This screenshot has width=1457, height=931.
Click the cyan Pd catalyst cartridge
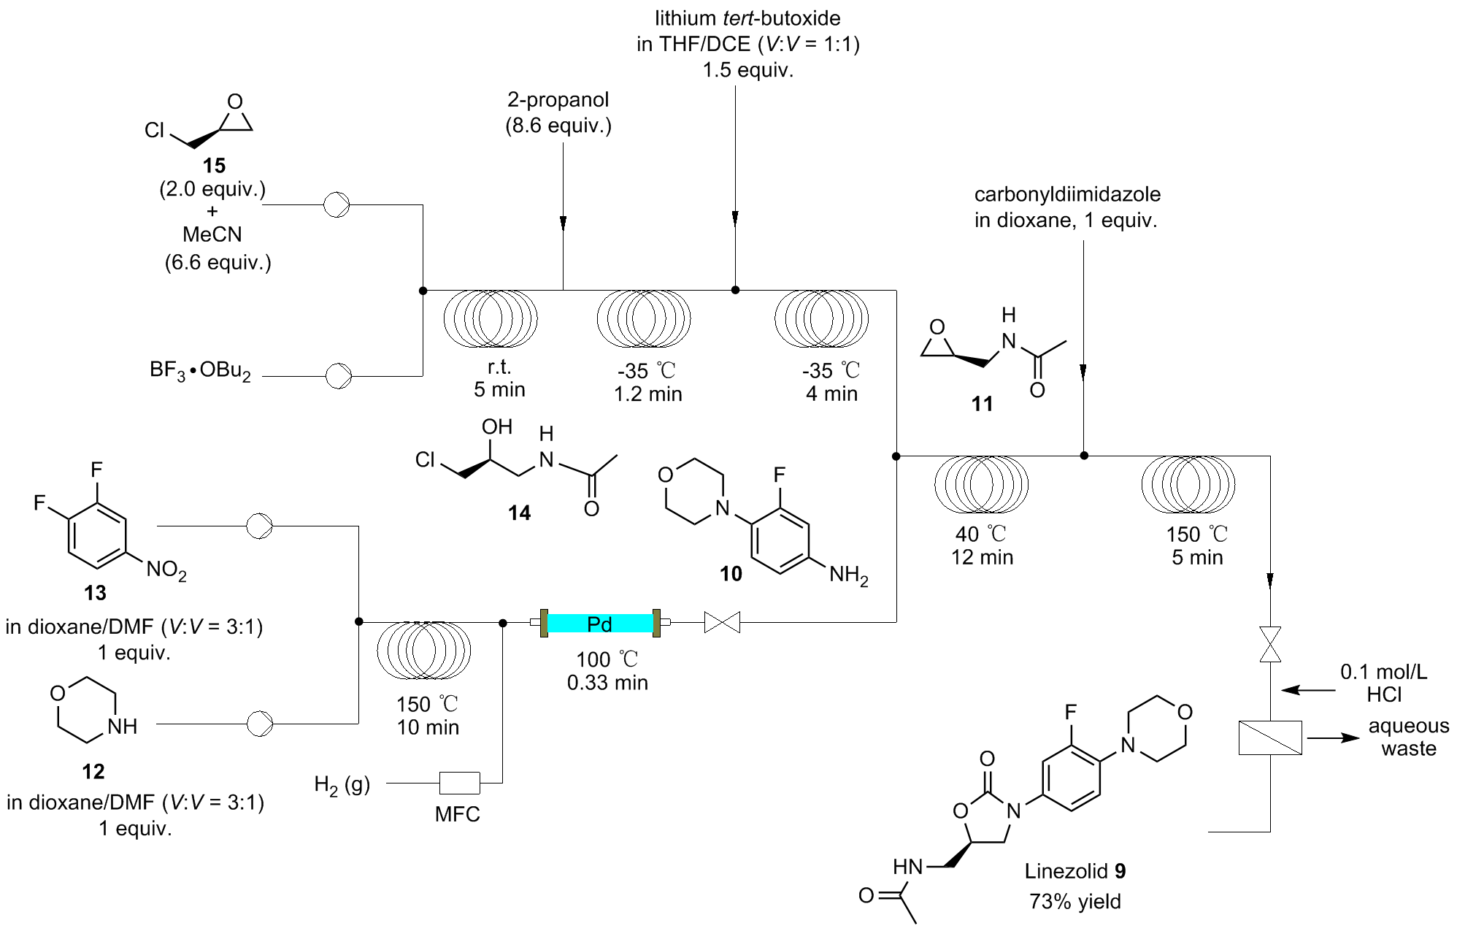point(599,623)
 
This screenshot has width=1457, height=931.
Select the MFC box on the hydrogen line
point(459,783)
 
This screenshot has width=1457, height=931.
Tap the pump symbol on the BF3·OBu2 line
point(338,376)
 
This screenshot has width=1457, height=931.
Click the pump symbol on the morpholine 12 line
point(259,723)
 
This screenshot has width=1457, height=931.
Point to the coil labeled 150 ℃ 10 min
point(423,650)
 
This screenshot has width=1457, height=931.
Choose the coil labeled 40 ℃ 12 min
point(982,483)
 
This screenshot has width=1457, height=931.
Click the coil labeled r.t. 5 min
point(491,318)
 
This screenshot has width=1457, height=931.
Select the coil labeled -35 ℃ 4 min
point(821,318)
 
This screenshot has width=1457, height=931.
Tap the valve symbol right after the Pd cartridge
point(721,623)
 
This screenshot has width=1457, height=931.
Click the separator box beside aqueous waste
point(1270,737)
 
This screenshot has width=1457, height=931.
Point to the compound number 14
point(519,513)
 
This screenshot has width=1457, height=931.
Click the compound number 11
point(982,404)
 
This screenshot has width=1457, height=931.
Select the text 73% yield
point(1075,902)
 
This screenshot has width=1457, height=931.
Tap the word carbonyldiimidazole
point(1067,194)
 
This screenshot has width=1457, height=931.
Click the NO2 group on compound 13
point(166,570)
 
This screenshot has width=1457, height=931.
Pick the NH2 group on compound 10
point(848,575)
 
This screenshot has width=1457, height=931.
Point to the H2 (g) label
point(342,785)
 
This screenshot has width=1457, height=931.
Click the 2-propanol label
point(558,99)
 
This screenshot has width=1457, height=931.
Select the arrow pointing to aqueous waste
point(1333,737)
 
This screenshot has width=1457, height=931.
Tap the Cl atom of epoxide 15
point(154,130)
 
